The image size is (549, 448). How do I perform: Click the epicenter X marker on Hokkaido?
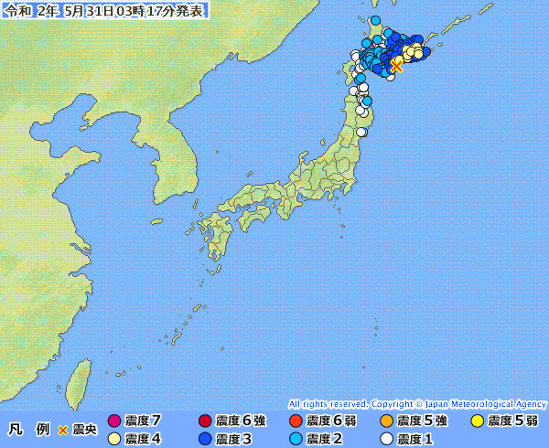(396, 66)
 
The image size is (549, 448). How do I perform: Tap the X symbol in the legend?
(63, 429)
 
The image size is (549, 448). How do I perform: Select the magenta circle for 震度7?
(114, 421)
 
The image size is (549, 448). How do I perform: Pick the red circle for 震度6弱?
(296, 421)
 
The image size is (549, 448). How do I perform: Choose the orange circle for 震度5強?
(386, 421)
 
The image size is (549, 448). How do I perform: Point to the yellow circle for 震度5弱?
(477, 421)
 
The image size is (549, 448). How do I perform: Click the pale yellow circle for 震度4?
(114, 439)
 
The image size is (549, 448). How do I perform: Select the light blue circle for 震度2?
(296, 439)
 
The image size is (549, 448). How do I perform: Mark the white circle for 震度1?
(386, 439)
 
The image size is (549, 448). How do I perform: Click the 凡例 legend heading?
(27, 429)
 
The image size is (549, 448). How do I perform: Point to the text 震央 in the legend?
(85, 429)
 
